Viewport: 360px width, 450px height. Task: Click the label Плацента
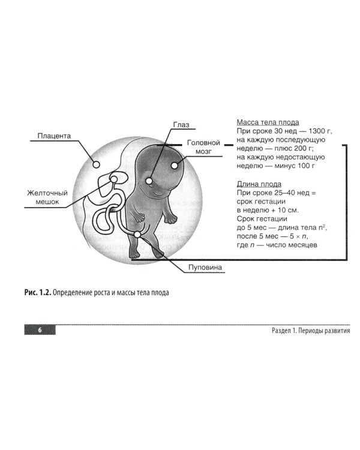[54, 136]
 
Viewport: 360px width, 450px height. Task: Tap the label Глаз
[181, 125]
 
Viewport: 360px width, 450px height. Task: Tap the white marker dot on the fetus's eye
[149, 179]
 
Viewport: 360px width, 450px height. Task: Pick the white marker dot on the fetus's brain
[175, 164]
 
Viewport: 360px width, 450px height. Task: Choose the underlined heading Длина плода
[259, 184]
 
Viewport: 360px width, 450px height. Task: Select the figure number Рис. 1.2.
[37, 293]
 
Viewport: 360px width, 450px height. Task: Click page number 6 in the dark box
[39, 331]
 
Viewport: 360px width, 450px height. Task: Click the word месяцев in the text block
[307, 245]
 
